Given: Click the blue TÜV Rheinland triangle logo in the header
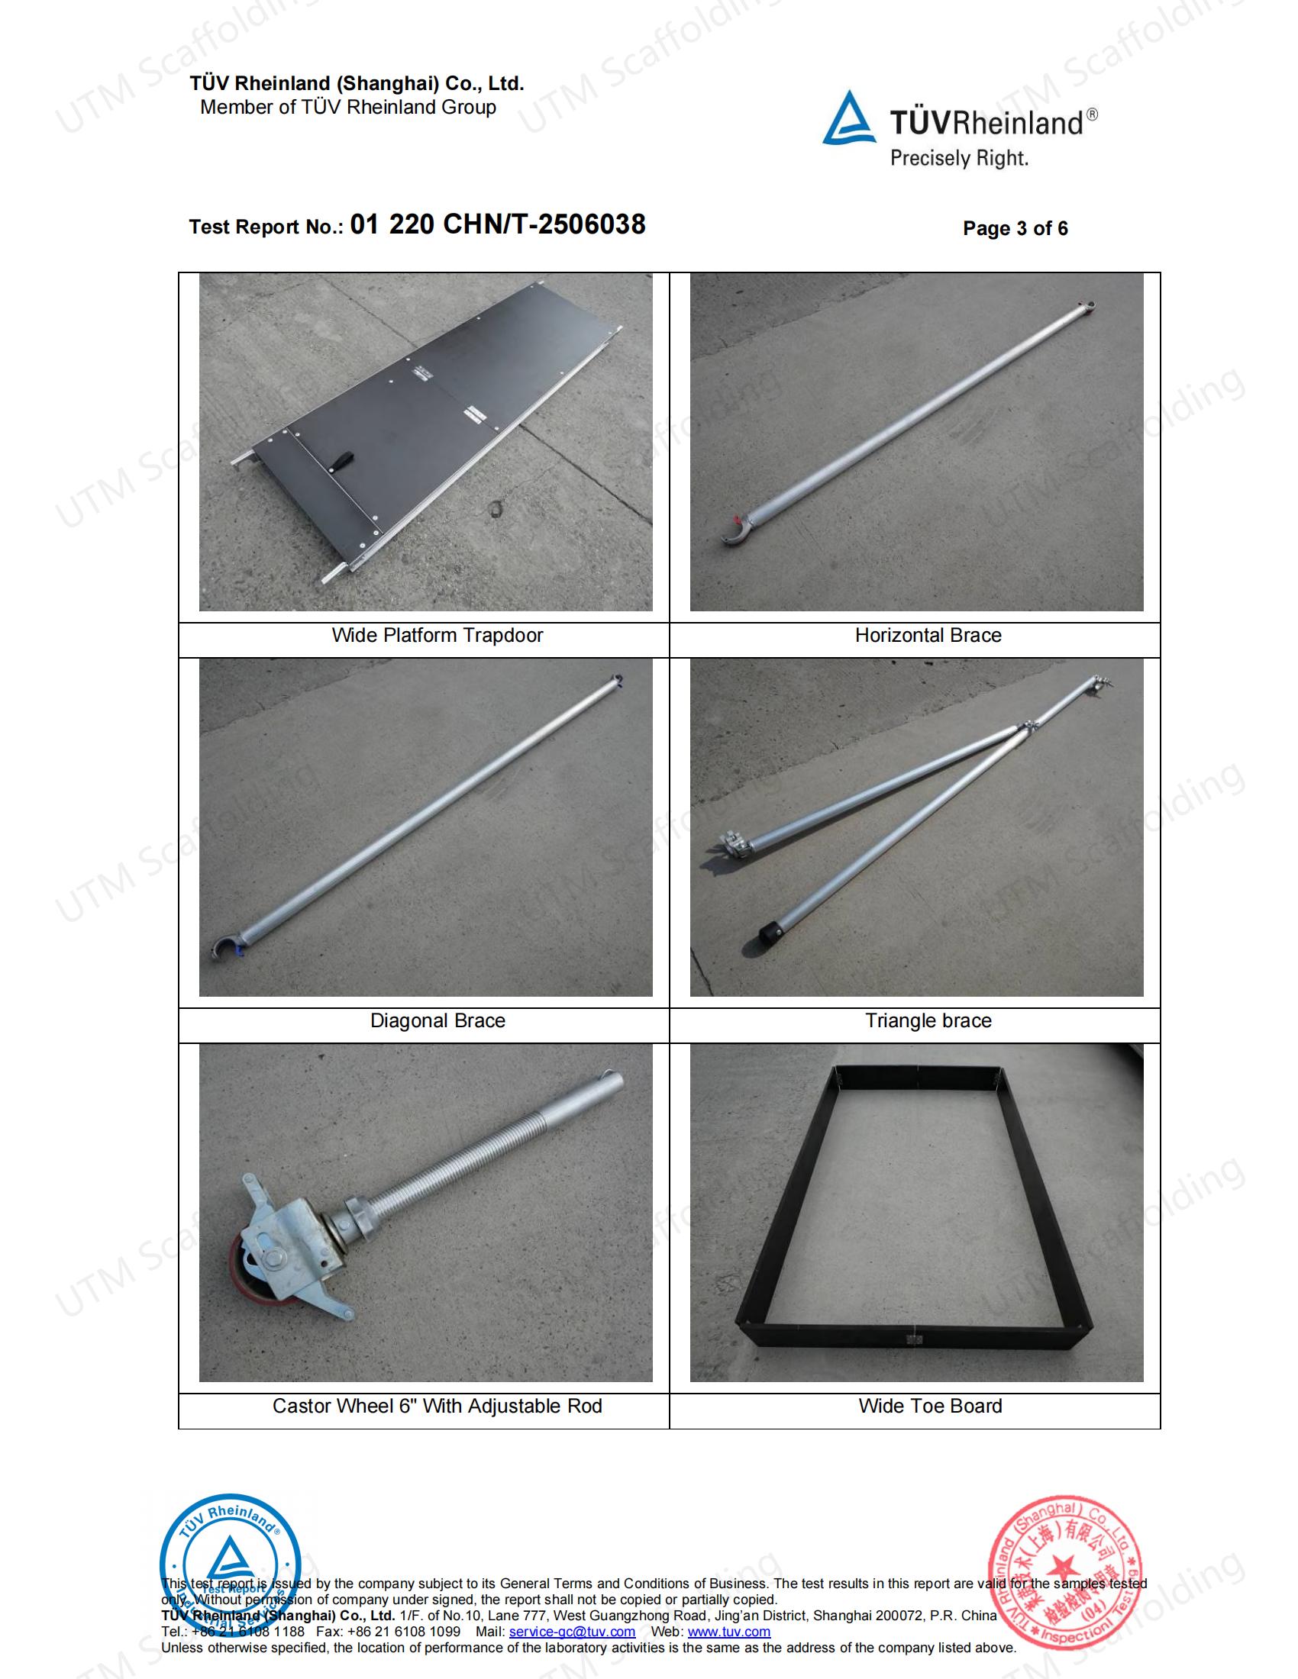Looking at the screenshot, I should point(849,119).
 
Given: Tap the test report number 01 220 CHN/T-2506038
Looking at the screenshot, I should point(498,224).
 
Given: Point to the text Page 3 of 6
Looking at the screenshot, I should point(1015,228).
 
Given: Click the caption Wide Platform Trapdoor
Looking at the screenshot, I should point(437,636).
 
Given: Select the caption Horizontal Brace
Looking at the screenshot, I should point(928,636).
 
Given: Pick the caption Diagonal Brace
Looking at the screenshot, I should point(438,1021).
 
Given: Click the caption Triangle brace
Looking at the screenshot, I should point(928,1021).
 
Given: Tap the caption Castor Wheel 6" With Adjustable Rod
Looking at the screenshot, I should point(437,1406).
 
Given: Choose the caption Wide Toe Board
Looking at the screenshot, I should point(930,1406).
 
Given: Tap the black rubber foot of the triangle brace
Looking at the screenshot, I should point(767,934).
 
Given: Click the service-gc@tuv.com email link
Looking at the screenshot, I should point(571,1632).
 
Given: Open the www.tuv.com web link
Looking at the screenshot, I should point(728,1632).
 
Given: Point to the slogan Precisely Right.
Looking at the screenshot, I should point(959,160).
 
